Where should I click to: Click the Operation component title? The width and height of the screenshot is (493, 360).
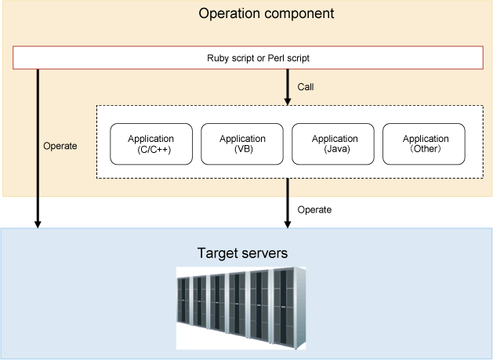click(266, 14)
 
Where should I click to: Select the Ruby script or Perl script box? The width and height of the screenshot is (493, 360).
click(248, 57)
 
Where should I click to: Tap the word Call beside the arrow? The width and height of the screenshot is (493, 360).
click(306, 87)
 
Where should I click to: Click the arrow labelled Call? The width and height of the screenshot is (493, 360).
click(288, 87)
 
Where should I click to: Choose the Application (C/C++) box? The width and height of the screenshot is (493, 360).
click(151, 144)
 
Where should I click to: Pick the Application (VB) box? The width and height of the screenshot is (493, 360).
click(242, 144)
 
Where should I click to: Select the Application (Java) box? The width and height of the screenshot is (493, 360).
click(333, 144)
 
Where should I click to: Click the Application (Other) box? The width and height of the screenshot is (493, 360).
click(424, 144)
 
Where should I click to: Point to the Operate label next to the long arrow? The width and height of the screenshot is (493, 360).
click(60, 146)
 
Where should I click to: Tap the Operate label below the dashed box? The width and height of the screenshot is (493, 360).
click(314, 209)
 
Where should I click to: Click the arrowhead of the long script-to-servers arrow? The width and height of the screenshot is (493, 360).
click(38, 224)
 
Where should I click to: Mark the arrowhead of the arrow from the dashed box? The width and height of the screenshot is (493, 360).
click(288, 224)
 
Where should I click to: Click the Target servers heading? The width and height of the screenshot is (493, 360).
click(242, 253)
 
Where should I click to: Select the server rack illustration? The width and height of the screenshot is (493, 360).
click(241, 308)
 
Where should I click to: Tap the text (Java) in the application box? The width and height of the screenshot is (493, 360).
click(337, 149)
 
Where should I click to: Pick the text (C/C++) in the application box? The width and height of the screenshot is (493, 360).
click(154, 149)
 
